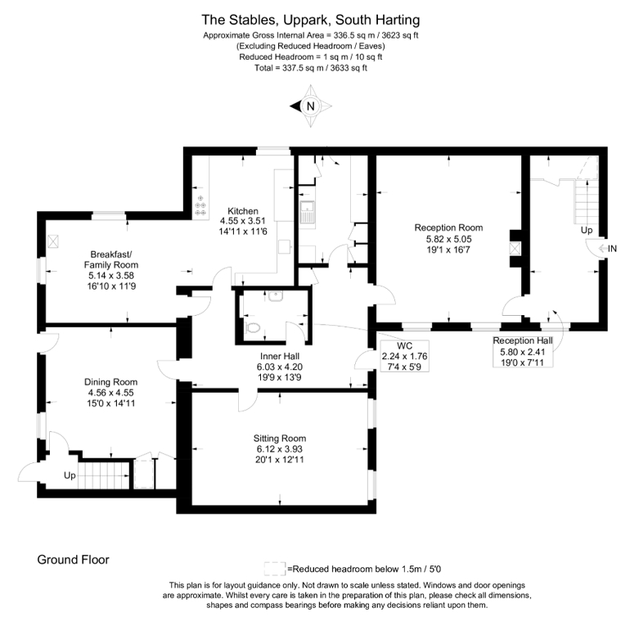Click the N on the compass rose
[x=311, y=106]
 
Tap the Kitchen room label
[x=243, y=211]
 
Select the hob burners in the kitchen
[x=200, y=205]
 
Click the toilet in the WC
[x=252, y=328]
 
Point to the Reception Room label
[x=448, y=227]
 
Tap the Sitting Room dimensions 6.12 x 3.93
[x=279, y=449]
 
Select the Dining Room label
[x=111, y=382]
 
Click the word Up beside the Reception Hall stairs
[x=587, y=231]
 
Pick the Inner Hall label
[x=280, y=357]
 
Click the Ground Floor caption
[x=74, y=560]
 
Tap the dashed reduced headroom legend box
[x=275, y=569]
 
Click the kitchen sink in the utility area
[x=307, y=212]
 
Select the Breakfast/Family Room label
[x=111, y=259]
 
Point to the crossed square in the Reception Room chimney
[x=515, y=249]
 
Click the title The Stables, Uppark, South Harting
[x=311, y=20]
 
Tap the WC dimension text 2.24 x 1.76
[x=404, y=357]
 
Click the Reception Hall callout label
[x=523, y=340]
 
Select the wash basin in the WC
[x=275, y=296]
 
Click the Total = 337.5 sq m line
[x=311, y=68]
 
